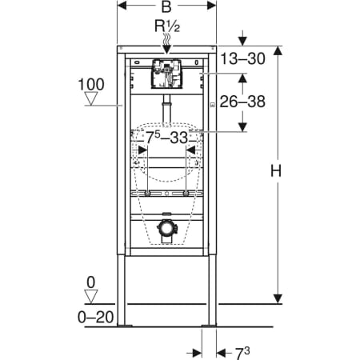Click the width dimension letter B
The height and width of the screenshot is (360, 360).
tap(166, 8)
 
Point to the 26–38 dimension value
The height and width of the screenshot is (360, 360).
tap(242, 102)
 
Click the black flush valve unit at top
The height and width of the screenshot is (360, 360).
tap(166, 74)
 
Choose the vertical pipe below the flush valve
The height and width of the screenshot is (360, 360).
tap(166, 107)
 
